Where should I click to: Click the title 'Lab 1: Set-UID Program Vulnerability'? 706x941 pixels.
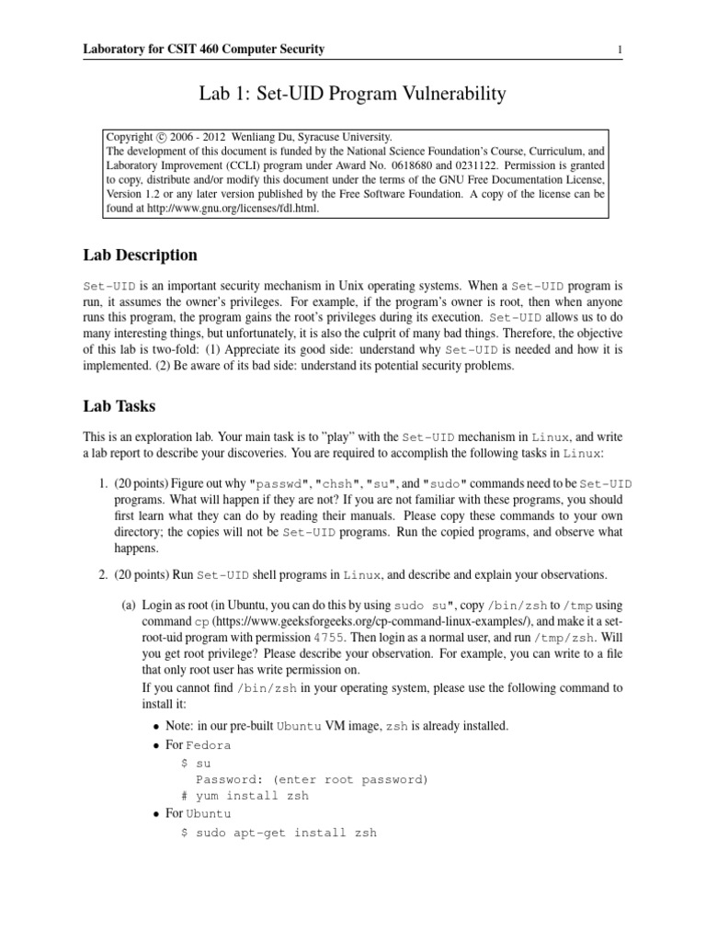click(x=352, y=94)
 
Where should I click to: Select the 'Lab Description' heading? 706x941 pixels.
click(x=139, y=255)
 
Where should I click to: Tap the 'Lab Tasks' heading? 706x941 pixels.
click(x=119, y=405)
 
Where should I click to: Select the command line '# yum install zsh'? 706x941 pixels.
click(x=245, y=796)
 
